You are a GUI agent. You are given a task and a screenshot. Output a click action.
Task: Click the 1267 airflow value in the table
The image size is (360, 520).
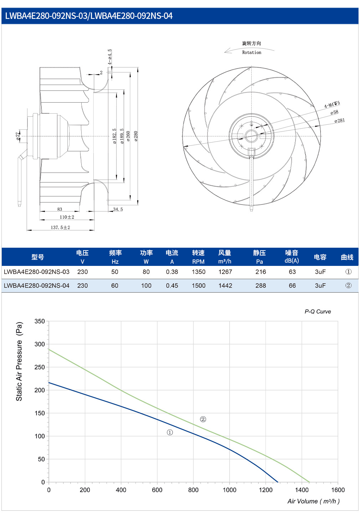pos(225,272)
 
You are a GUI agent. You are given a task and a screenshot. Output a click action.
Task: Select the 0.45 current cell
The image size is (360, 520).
pos(172,285)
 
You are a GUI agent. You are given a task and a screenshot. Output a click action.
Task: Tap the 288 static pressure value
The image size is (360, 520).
pos(261,285)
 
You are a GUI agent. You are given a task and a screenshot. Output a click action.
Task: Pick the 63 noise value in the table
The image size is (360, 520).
pos(292,272)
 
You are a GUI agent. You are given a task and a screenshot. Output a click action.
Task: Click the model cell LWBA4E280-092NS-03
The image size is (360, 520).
pos(37,272)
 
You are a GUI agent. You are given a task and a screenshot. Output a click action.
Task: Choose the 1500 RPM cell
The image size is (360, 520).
pos(199,285)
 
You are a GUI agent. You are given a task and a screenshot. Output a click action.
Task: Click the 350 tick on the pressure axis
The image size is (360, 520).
pos(40,321)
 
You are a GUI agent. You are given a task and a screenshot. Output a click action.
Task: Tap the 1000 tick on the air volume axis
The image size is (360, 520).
pos(230,490)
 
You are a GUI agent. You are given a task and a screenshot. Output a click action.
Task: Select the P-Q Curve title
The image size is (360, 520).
pos(318,312)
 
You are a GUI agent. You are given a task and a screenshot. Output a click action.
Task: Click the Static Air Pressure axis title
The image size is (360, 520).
pos(19,361)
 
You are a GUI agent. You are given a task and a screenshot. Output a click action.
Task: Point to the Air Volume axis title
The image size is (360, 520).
pos(314,501)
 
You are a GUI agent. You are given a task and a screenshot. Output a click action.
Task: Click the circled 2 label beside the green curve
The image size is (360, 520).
pos(203,419)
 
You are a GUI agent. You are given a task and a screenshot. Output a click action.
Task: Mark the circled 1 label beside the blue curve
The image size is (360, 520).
pos(170,432)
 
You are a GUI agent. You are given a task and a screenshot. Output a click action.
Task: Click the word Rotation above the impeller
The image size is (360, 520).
pos(252,52)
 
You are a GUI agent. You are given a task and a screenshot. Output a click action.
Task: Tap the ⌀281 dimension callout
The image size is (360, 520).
pos(340,120)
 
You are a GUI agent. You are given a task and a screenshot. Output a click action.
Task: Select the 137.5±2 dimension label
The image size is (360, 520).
pos(60,227)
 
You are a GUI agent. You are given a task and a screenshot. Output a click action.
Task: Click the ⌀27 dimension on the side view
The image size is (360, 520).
pos(18,136)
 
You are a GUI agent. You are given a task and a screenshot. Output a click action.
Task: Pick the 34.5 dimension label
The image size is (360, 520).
pos(118,210)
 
